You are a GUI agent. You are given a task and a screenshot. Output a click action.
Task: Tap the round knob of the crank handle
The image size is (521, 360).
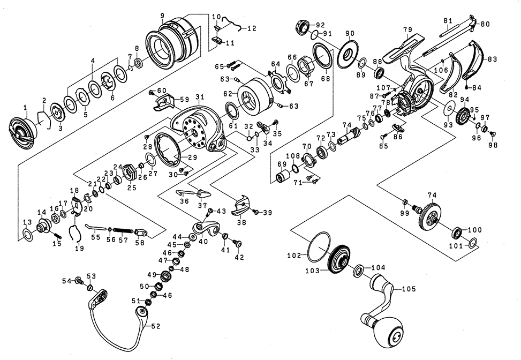coord(394,331)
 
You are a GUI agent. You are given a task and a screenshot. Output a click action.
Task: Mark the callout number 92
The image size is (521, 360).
coord(321,25)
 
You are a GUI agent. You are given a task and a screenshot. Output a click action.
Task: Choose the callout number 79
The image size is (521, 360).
coord(407,28)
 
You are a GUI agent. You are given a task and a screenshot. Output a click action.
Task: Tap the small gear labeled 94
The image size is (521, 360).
coord(464,115)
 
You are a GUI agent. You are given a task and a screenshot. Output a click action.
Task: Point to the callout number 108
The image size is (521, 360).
coord(293,156)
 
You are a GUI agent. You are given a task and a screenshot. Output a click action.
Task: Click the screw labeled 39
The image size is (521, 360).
coord(255,212)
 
